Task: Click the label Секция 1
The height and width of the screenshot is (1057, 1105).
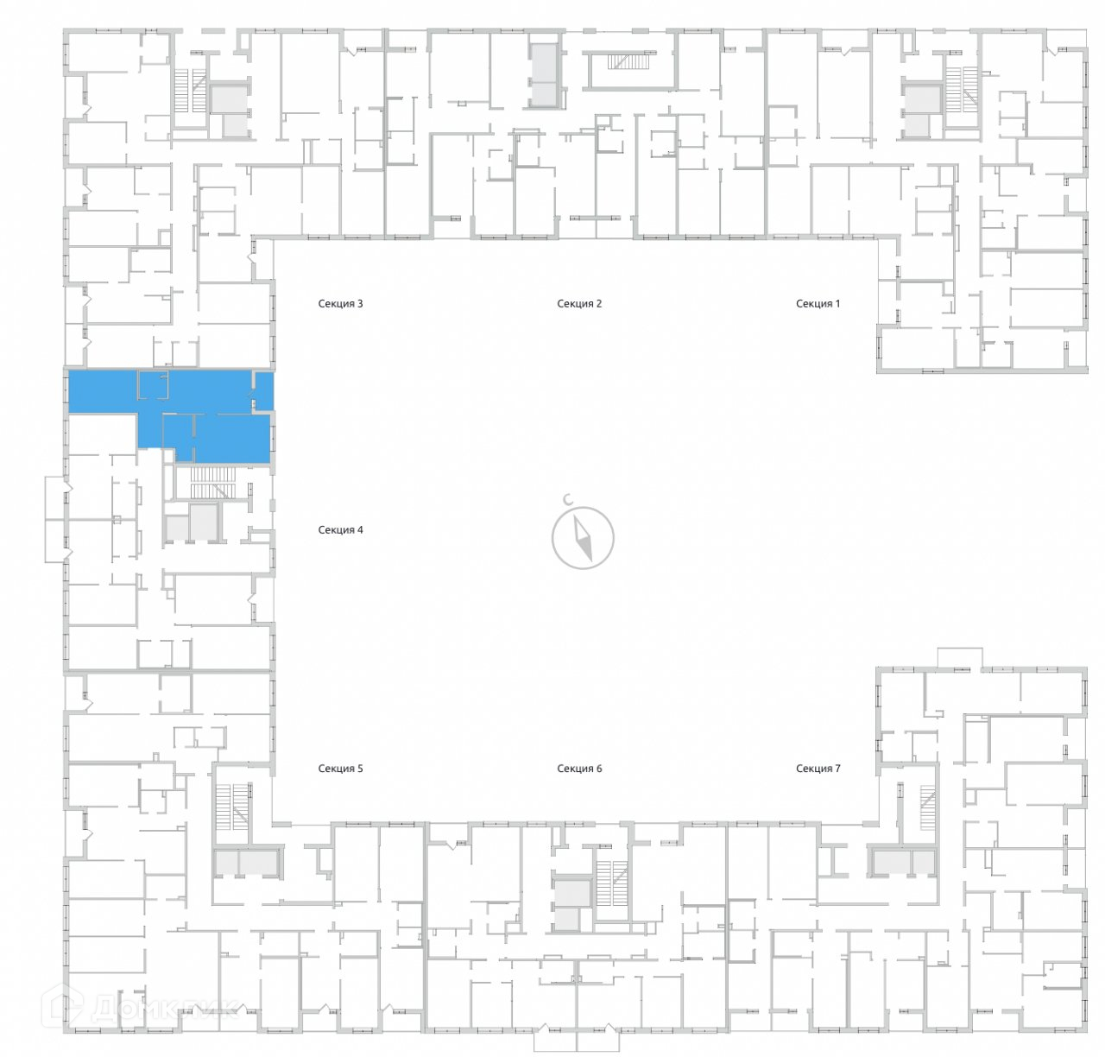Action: [817, 303]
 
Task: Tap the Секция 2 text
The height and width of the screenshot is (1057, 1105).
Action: [578, 303]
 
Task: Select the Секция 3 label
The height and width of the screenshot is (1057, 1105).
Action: [340, 303]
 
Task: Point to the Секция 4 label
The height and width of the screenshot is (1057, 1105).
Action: [340, 529]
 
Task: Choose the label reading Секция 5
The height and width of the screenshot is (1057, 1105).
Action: [340, 768]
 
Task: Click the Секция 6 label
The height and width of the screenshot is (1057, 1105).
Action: [578, 768]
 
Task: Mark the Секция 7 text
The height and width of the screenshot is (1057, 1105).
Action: [817, 768]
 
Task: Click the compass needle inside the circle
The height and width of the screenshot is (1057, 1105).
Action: [584, 537]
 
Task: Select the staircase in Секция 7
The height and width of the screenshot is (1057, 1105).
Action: [927, 808]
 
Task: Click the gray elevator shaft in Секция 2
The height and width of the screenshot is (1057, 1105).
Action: [545, 75]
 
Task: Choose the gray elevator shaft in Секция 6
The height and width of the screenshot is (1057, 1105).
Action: [569, 904]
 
